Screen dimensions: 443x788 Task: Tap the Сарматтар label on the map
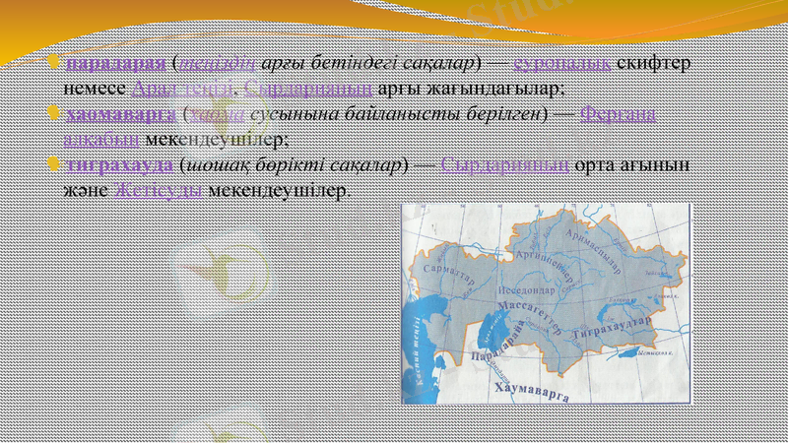click(450, 274)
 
